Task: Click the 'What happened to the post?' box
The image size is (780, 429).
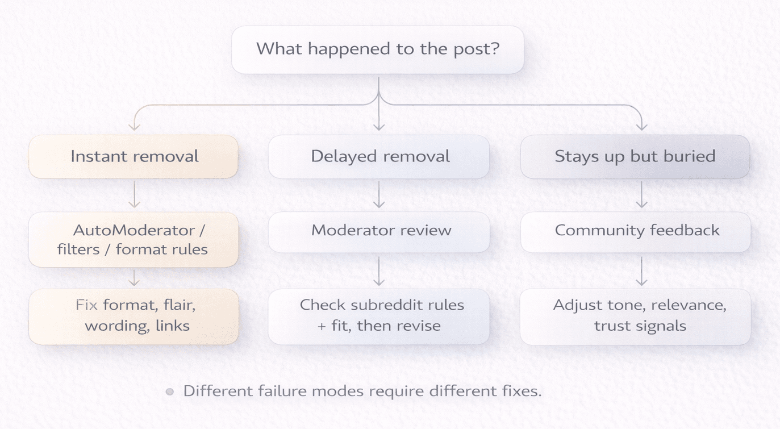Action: [x=378, y=49]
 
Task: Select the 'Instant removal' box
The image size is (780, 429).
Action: [x=134, y=157]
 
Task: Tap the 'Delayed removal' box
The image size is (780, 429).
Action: [x=379, y=157]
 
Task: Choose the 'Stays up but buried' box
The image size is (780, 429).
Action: [x=635, y=157]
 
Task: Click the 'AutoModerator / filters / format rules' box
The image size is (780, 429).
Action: [x=134, y=239]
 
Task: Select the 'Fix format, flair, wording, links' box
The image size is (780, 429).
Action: [x=134, y=316]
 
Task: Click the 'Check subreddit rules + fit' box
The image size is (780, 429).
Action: [x=379, y=316]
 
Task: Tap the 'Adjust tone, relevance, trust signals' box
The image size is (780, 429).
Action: [x=635, y=316]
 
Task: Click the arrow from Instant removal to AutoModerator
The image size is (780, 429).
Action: [x=134, y=195]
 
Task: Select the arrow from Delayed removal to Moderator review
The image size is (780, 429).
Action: [x=379, y=195]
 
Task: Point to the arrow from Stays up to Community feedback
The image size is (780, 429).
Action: [x=641, y=195]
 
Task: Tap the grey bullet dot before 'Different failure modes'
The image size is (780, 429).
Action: [x=169, y=391]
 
